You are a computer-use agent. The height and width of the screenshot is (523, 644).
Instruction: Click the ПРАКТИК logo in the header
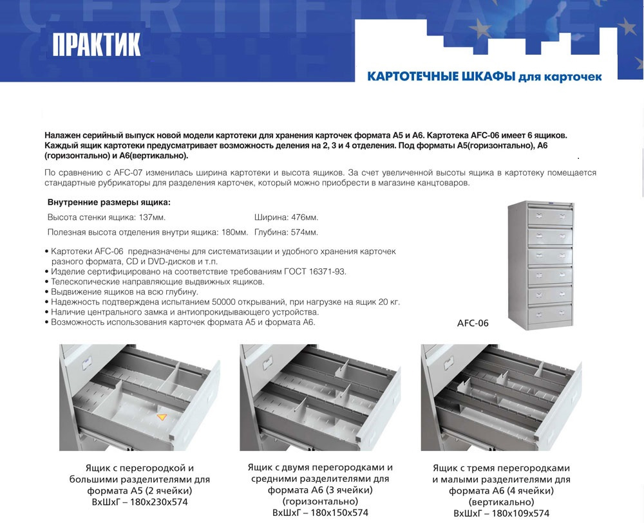tap(97, 44)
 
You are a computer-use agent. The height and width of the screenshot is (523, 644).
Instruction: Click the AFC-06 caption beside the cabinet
tap(472, 324)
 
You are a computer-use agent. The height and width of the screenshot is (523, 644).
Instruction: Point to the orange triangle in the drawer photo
tap(162, 417)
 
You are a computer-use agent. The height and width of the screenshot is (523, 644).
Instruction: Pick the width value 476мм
tap(303, 217)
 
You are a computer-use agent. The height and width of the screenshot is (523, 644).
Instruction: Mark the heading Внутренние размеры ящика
tap(109, 203)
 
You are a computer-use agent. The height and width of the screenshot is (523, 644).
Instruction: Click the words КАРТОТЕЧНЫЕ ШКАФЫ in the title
tap(441, 77)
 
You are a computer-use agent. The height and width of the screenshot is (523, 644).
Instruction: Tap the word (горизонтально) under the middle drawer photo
tap(320, 501)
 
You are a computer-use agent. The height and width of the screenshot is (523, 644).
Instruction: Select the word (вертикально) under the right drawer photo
tap(502, 502)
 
